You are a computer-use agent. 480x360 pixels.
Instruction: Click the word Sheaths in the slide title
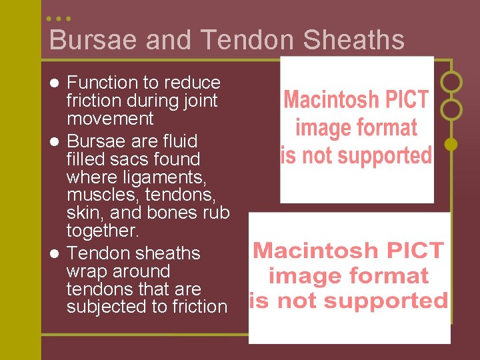tap(353, 40)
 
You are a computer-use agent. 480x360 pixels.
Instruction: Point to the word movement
tap(110, 119)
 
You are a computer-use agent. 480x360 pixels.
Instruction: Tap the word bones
tap(182, 213)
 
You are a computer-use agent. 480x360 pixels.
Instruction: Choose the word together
tap(103, 231)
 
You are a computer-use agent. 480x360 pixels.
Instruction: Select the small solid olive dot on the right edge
tap(451, 143)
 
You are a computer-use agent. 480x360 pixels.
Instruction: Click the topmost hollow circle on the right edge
tap(451, 82)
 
